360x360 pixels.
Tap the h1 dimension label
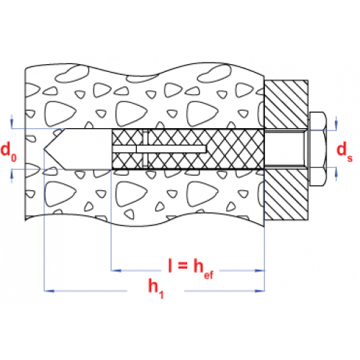[156, 288]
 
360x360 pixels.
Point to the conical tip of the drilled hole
[44, 149]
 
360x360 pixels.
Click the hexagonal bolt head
[318, 149]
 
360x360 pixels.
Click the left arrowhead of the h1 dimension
[49, 291]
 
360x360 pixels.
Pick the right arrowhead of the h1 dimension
[260, 291]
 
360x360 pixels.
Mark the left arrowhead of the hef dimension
[116, 271]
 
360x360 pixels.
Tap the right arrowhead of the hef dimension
[260, 271]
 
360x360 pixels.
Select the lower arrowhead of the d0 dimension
[12, 174]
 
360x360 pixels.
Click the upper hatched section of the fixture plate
[286, 104]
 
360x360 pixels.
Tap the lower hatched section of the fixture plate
[286, 194]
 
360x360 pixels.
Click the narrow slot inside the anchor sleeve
[159, 149]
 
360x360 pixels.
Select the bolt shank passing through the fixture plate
[285, 149]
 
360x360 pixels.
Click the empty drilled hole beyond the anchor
[78, 149]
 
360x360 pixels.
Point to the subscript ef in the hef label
[208, 274]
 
